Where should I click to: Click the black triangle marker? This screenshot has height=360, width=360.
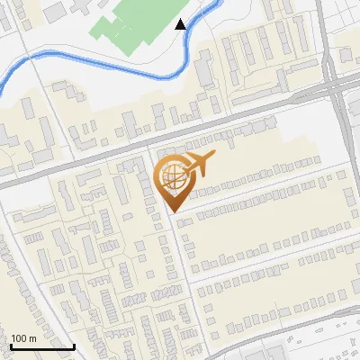pos(181,24)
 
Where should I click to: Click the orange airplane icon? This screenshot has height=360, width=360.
pos(199,165)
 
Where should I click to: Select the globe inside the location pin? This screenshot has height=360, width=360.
pos(171,175)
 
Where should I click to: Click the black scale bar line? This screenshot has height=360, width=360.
pos(41,346)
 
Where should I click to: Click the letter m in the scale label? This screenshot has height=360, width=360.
pos(31,338)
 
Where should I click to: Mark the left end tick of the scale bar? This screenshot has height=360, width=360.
pos(10,345)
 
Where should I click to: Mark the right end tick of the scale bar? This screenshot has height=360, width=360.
pos(74,345)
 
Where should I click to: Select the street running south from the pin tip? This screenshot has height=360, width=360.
pos(181,270)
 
